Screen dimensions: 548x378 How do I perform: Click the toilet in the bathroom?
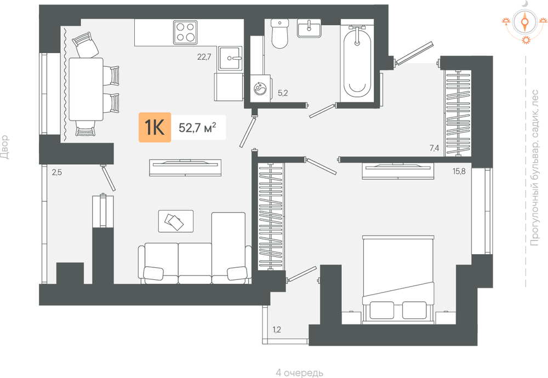(279, 33)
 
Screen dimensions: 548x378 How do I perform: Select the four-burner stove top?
(185, 32)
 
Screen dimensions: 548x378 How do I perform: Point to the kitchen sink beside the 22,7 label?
(230, 58)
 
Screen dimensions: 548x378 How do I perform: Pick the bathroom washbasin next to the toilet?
(309, 28)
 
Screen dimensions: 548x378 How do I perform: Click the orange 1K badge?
(155, 128)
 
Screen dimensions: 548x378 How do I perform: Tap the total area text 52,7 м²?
(197, 128)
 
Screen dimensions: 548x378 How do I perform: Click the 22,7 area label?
(204, 56)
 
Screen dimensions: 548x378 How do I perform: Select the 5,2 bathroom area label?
(283, 93)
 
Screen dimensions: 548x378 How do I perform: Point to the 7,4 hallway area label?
(435, 148)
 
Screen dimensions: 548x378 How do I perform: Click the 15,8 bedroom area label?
(459, 171)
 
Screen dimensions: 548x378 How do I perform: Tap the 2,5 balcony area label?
(57, 172)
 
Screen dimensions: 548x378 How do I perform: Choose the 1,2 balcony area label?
(276, 329)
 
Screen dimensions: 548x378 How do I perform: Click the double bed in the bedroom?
(398, 279)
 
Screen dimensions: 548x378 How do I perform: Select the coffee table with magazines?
(176, 221)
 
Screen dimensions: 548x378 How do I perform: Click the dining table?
(86, 89)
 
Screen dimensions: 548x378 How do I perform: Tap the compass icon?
(524, 22)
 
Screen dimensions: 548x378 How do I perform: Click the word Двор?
(4, 147)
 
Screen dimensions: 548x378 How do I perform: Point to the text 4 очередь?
(300, 373)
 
